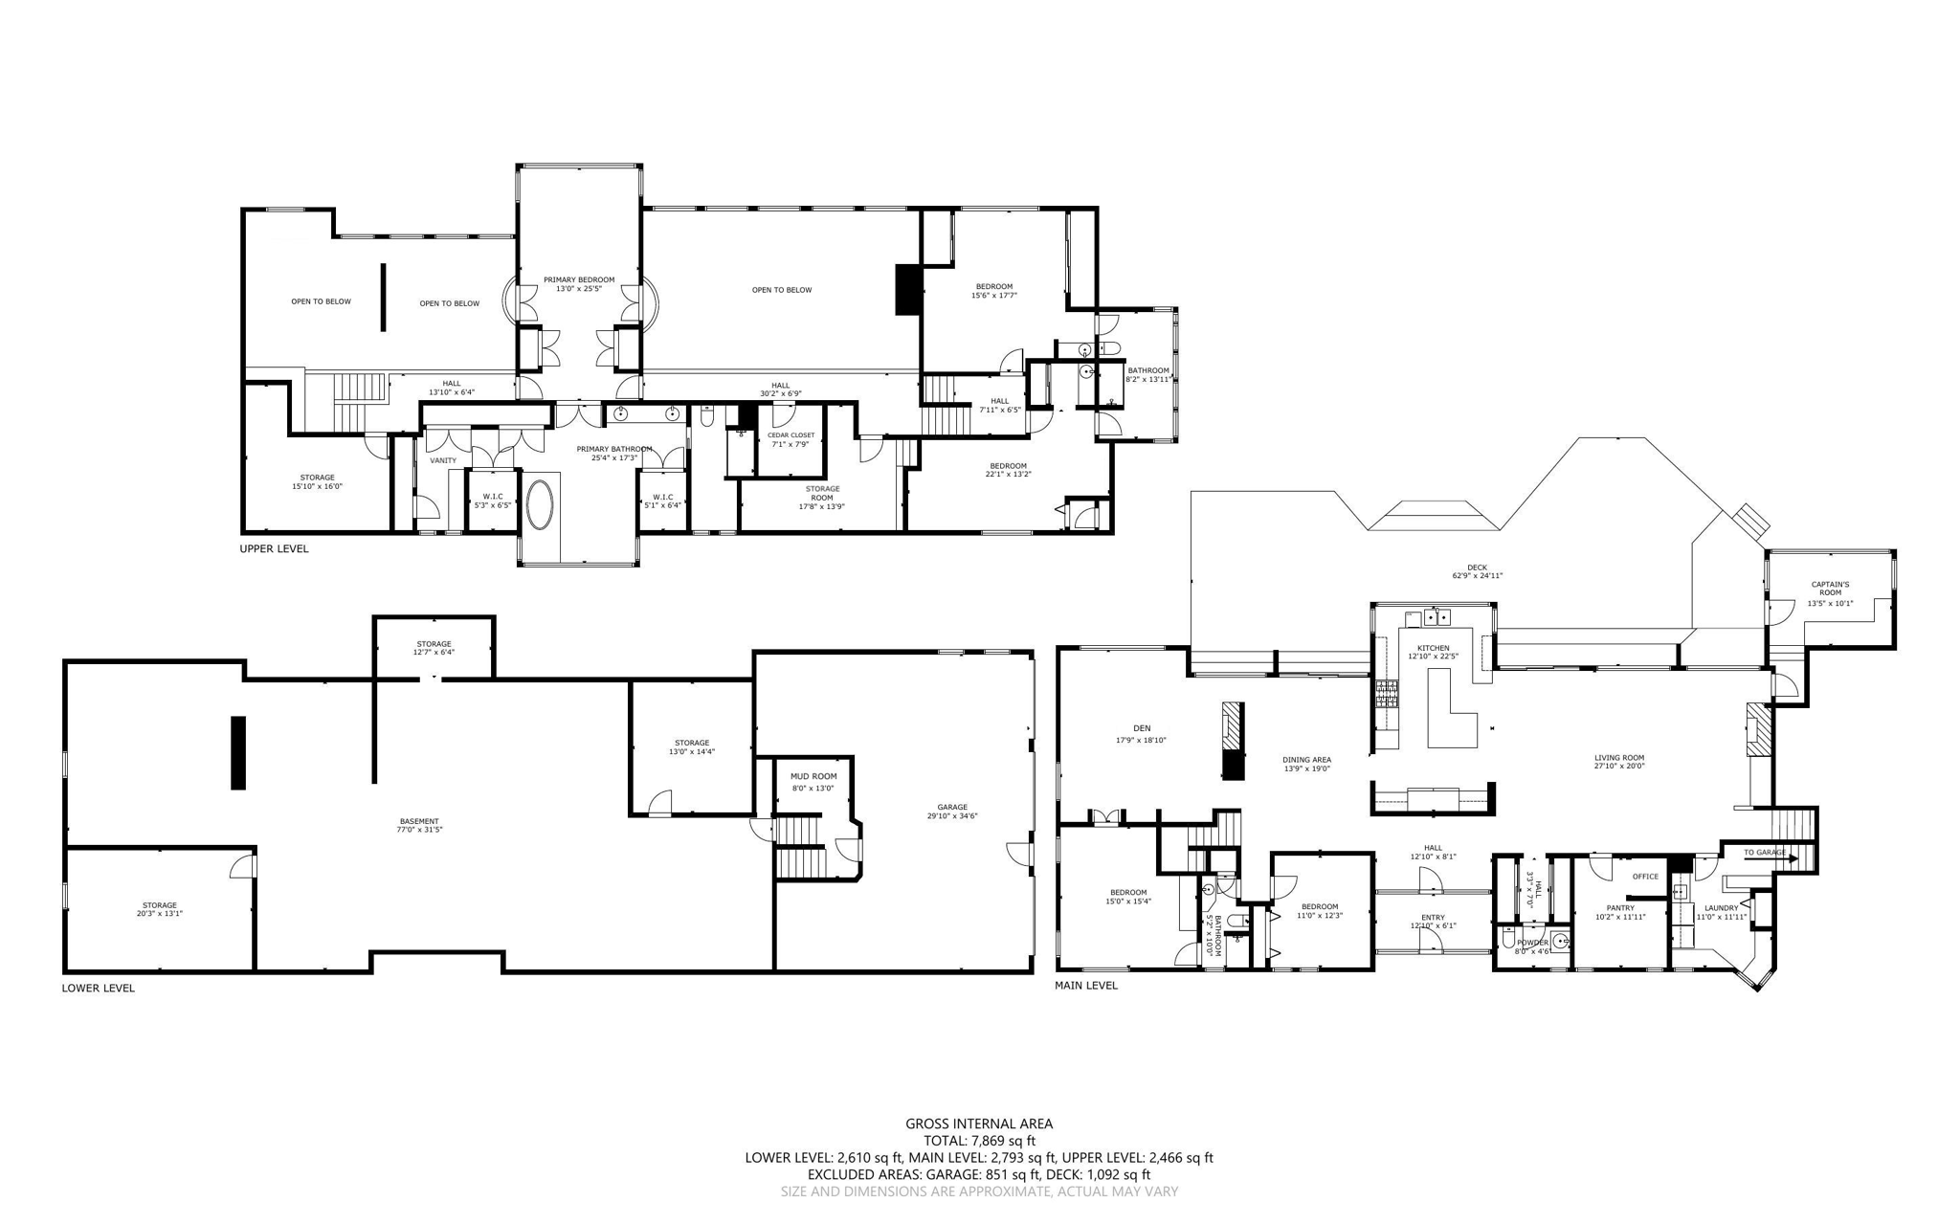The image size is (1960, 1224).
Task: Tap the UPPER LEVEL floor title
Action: click(274, 549)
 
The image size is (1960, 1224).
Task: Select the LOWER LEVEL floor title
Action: click(98, 989)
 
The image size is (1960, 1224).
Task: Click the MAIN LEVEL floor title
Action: click(1085, 985)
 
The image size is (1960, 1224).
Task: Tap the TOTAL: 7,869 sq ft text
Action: click(979, 1141)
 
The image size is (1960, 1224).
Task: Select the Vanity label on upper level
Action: click(443, 460)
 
